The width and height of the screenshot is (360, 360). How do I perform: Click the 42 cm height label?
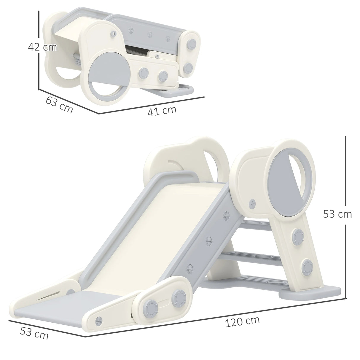[42, 47]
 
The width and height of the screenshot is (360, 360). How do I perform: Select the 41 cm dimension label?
[162, 111]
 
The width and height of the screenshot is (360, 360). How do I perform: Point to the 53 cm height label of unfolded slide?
[337, 214]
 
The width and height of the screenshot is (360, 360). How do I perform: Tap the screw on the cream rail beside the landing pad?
[98, 321]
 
